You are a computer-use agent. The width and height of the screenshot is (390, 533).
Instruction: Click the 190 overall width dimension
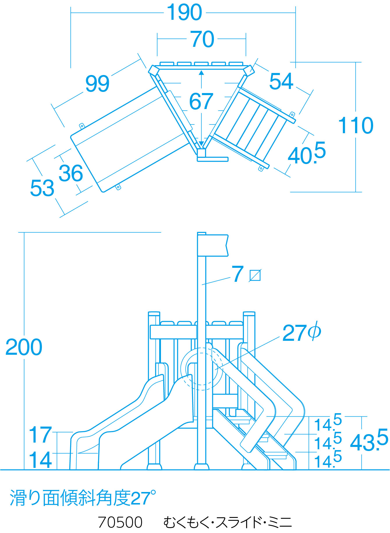click(185, 13)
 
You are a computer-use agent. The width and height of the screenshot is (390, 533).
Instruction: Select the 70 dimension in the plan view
click(203, 39)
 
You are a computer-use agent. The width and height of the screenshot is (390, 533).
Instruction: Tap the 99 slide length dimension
click(97, 84)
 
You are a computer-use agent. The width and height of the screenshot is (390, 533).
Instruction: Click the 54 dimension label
click(281, 81)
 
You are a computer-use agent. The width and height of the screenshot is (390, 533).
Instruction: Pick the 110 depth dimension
click(356, 126)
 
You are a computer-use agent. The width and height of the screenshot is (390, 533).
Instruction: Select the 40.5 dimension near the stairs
click(306, 154)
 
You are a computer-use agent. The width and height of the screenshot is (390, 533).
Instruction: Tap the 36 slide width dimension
click(71, 173)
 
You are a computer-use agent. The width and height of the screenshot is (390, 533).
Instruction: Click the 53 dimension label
click(42, 188)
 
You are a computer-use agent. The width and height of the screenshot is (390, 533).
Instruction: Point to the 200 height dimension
click(24, 347)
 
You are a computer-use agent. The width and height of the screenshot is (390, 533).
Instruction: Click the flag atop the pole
click(213, 245)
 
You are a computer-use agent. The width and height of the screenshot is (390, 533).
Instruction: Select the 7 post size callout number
click(237, 274)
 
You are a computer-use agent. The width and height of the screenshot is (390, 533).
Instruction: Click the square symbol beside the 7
click(255, 275)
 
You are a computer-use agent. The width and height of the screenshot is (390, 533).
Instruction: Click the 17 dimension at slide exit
click(40, 435)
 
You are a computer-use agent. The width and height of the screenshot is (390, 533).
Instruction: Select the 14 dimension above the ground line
click(40, 460)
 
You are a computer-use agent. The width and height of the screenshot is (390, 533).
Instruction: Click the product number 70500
click(120, 522)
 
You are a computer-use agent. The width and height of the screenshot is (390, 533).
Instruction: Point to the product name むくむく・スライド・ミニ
click(227, 522)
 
